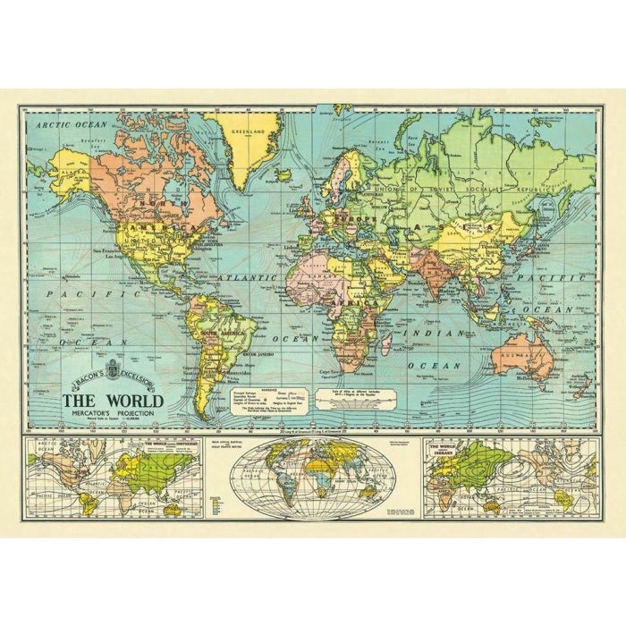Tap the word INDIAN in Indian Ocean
425,333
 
